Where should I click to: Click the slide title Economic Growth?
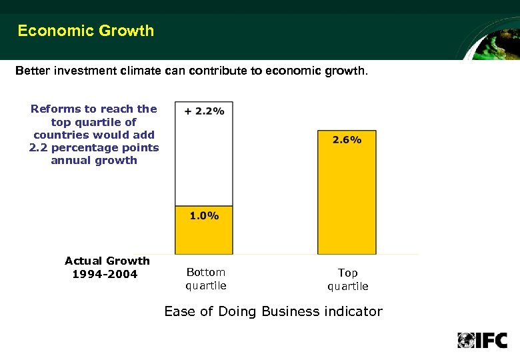[x=85, y=31]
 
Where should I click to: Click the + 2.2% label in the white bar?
[x=204, y=111]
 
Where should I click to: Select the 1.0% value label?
[x=204, y=215]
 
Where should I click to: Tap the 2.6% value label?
[x=347, y=139]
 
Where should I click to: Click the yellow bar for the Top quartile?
[x=347, y=200]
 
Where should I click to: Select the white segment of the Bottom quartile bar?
[x=204, y=160]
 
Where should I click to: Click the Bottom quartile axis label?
[x=206, y=279]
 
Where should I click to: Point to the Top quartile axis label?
[x=347, y=279]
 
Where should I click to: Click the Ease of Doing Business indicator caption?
[x=273, y=311]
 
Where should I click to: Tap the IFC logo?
[x=482, y=340]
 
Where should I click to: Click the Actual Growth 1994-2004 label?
[x=107, y=267]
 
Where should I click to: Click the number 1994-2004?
[x=104, y=274]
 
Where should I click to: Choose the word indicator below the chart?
[x=354, y=311]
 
